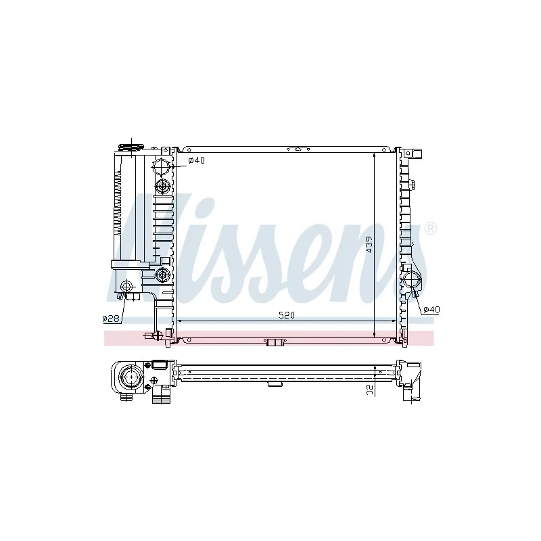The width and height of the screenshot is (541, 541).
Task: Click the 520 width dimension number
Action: click(x=286, y=315)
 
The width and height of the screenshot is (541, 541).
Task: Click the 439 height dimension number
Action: click(x=369, y=245)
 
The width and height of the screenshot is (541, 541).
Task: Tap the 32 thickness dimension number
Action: click(x=370, y=390)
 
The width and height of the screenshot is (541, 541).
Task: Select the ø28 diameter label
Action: click(x=111, y=319)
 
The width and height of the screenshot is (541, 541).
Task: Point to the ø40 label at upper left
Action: click(x=196, y=160)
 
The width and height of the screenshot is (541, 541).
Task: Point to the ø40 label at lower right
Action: click(x=431, y=310)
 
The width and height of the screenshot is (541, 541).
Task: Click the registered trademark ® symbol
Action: click(x=430, y=229)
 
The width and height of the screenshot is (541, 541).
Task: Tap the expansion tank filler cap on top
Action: click(x=131, y=147)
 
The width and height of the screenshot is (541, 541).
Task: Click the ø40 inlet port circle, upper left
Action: click(x=162, y=166)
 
